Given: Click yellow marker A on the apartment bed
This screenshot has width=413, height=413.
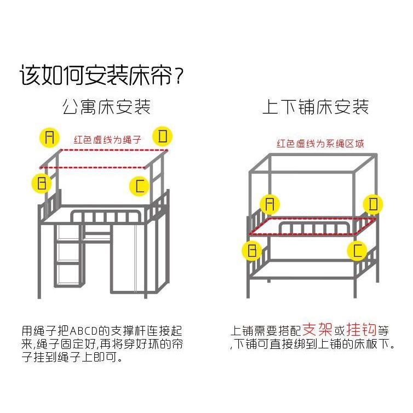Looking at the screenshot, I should (x=50, y=137).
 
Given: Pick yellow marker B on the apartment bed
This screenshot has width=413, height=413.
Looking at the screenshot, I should (x=42, y=182).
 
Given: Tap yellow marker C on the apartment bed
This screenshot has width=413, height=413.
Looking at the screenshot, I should (x=139, y=186).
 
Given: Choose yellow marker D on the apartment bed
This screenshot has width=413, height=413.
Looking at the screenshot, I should (x=163, y=136).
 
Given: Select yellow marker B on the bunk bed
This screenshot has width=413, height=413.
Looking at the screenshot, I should (x=251, y=251).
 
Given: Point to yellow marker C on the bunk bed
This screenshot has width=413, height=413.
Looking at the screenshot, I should (x=357, y=251).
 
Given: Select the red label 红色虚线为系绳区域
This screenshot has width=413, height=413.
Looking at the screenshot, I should (x=320, y=144).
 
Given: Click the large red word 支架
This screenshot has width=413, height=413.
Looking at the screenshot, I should (x=317, y=330).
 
